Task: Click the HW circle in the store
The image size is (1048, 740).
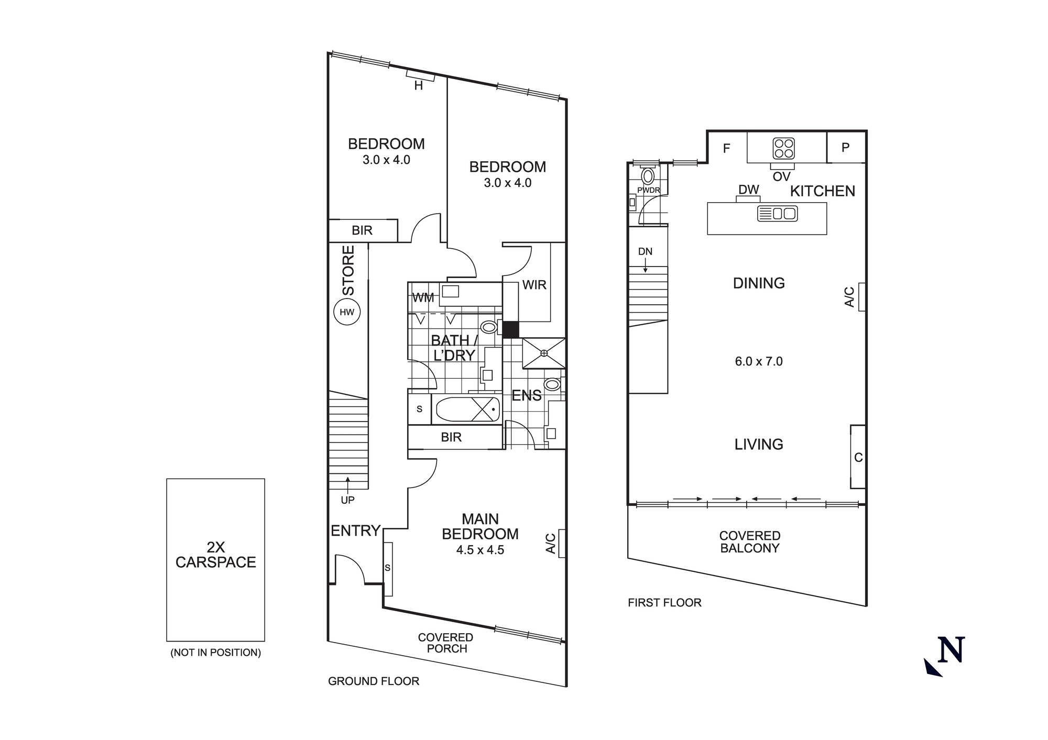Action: tap(347, 313)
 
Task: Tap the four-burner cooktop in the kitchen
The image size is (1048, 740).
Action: tap(783, 148)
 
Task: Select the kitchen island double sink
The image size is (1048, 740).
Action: tap(778, 214)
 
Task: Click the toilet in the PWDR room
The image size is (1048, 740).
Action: tap(648, 176)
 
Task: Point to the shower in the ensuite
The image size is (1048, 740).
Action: tap(544, 354)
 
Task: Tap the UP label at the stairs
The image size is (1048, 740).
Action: tap(347, 500)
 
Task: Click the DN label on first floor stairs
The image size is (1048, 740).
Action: tap(645, 252)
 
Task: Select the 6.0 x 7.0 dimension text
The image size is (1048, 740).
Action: tap(758, 361)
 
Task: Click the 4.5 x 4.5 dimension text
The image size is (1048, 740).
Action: tap(480, 550)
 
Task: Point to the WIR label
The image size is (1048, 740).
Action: tap(534, 285)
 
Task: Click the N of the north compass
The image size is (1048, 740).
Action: tap(951, 650)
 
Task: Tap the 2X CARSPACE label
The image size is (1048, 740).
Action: tap(215, 555)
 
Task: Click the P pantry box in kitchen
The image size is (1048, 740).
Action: tap(845, 148)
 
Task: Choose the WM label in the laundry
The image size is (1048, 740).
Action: tap(423, 298)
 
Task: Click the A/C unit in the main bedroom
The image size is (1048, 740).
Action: tap(561, 543)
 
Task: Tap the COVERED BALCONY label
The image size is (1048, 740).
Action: tap(749, 542)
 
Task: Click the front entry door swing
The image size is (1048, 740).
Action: tap(348, 570)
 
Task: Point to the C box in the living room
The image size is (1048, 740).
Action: tap(858, 457)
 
